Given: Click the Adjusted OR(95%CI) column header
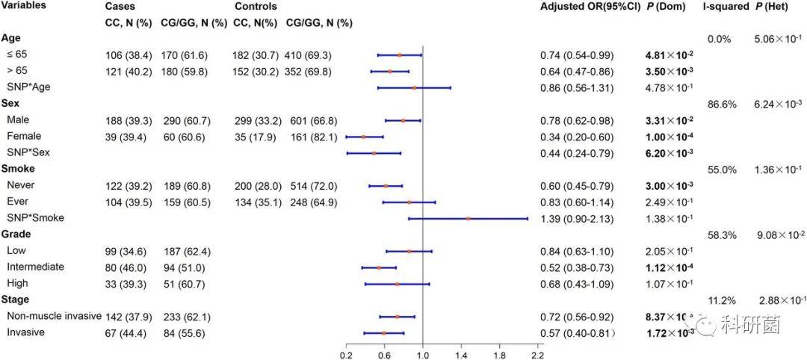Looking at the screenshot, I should tap(590, 6).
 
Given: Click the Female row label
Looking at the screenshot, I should tap(24, 137).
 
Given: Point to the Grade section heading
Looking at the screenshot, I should tap(16, 235).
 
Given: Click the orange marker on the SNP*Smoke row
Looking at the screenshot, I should tap(469, 219).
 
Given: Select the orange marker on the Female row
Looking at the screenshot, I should tap(363, 137).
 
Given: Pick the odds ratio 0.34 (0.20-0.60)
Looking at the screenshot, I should tap(577, 137).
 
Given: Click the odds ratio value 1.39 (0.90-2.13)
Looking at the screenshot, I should tap(577, 218).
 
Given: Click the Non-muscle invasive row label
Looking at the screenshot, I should tap(53, 316).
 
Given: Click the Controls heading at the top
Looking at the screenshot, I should tap(256, 6).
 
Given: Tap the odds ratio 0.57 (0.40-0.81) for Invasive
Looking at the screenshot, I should tap(577, 333).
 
